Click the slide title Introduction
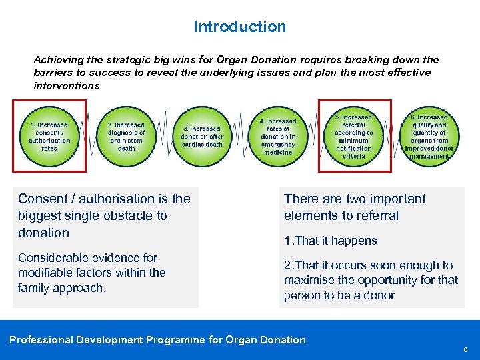pos(239,27)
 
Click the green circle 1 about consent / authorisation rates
pos(49,136)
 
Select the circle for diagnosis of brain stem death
pos(126,136)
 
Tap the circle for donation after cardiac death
pos(202,136)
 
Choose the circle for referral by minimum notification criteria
pos(354,135)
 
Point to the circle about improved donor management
pos(430,136)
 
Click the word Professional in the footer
pos(41,340)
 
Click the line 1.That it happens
pos(330,241)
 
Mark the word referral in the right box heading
pos(377,216)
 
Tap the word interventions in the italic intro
pos(67,86)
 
